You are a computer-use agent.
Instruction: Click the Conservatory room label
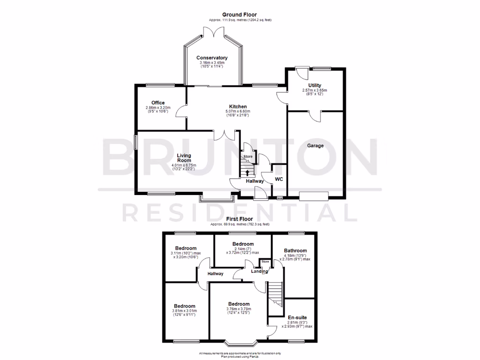coord(212,58)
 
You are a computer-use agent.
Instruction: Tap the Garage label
coord(315,146)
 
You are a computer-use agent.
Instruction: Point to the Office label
coord(158,103)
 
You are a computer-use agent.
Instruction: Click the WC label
coord(279,180)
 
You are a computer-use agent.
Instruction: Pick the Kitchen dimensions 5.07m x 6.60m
coord(238,112)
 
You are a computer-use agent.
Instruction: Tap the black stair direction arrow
coord(247,172)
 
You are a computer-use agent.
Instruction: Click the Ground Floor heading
coord(240,15)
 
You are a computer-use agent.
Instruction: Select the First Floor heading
coord(240,219)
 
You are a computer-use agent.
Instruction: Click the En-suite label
coord(296,317)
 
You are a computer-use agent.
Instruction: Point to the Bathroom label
coord(295,251)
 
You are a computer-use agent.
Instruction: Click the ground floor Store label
coord(247,157)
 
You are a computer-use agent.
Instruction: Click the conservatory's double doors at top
coord(212,31)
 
